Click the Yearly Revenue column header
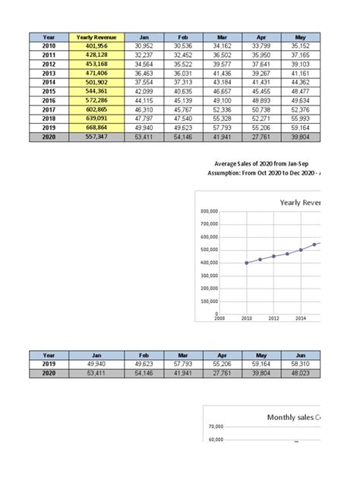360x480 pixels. pos(94,37)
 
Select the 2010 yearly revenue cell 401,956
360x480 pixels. pos(94,46)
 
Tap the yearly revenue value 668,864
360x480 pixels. pos(94,128)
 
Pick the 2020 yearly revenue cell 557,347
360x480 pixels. pos(94,137)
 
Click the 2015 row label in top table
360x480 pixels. pos(49,92)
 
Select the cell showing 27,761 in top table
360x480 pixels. pos(262,137)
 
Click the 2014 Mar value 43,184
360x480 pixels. pos(222,83)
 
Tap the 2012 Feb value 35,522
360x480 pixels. pos(182,65)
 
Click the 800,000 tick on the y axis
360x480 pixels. pos(210,211)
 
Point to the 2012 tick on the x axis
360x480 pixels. pos(273,319)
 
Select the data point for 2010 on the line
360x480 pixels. pos(246,263)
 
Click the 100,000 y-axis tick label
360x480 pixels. pos(210,302)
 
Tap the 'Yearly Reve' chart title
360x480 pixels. pos(300,203)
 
